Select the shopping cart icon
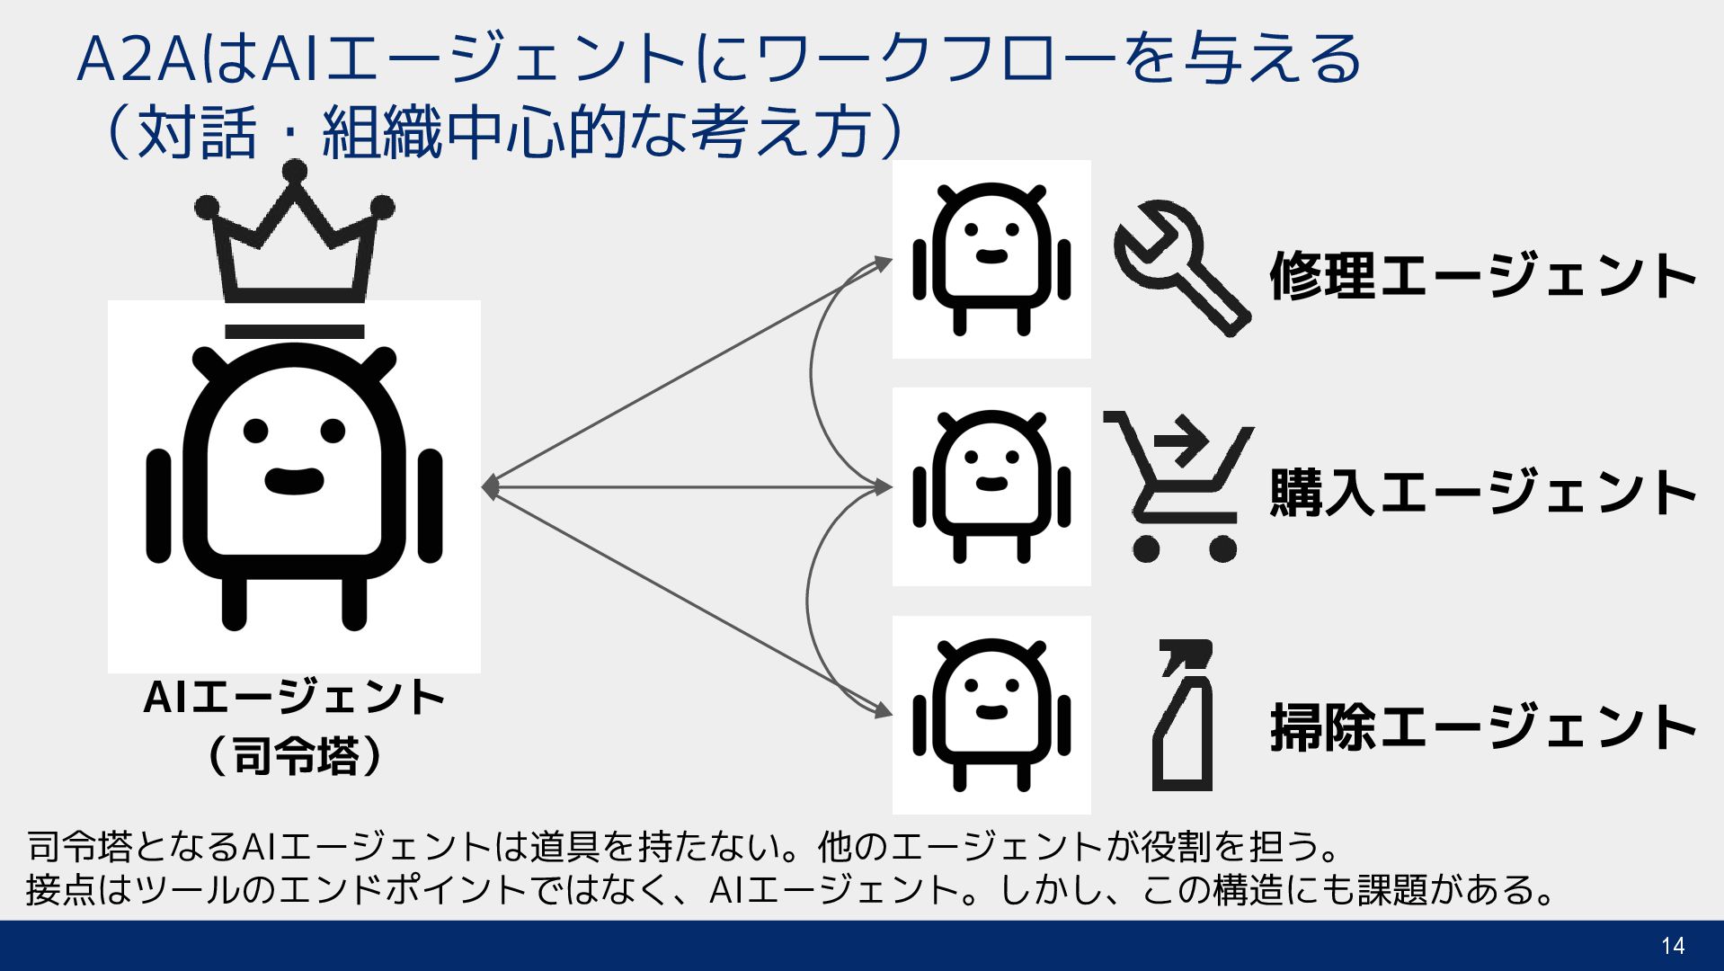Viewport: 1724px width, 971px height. pyautogui.click(x=1177, y=485)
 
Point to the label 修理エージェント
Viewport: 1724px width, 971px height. pyautogui.click(x=1481, y=275)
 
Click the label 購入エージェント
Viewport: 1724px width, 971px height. pyautogui.click(x=1481, y=492)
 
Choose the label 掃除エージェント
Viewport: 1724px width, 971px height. pyautogui.click(x=1481, y=726)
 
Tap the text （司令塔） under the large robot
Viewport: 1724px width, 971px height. pyautogui.click(x=295, y=755)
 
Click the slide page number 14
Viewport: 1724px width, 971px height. pyautogui.click(x=1673, y=946)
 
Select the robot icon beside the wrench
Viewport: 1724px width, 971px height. pyautogui.click(x=991, y=259)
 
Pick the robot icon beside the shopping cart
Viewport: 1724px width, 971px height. pyautogui.click(x=991, y=486)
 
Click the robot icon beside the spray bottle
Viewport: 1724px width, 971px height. pyautogui.click(x=991, y=715)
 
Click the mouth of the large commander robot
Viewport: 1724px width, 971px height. pyautogui.click(x=294, y=481)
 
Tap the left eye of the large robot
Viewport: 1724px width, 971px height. pyautogui.click(x=256, y=431)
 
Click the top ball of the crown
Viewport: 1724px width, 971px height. pyautogui.click(x=294, y=171)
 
